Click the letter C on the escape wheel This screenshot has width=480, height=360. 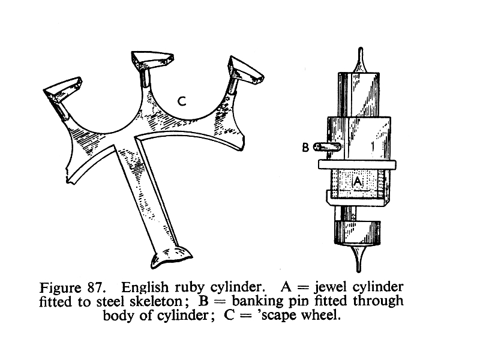click(x=182, y=103)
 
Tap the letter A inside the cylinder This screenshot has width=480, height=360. click(x=358, y=181)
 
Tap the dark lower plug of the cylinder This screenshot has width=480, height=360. click(x=358, y=233)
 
